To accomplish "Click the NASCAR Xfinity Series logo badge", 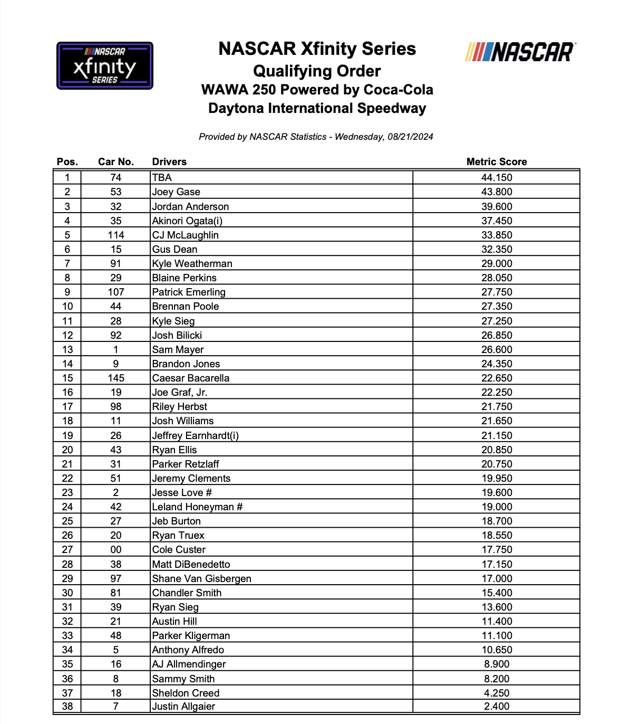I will (105, 65).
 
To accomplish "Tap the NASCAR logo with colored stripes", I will (520, 52).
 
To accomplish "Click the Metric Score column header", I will (496, 162).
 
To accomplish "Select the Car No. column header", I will (116, 162).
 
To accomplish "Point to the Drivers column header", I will (169, 162).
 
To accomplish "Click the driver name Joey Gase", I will (176, 192).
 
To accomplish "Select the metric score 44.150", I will (496, 178).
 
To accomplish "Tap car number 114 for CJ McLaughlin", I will (116, 235).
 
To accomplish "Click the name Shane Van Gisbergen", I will (201, 579).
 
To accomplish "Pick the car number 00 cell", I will (116, 550).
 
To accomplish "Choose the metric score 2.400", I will (496, 707).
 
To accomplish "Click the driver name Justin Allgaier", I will (183, 707).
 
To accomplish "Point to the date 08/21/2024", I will (410, 137).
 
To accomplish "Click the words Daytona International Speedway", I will (317, 109).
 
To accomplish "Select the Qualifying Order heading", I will (317, 71).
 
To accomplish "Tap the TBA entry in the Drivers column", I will (162, 178).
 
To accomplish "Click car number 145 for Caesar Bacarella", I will (116, 378).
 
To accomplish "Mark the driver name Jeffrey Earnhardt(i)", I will (195, 436).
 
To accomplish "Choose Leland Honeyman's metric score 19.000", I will (496, 507).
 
